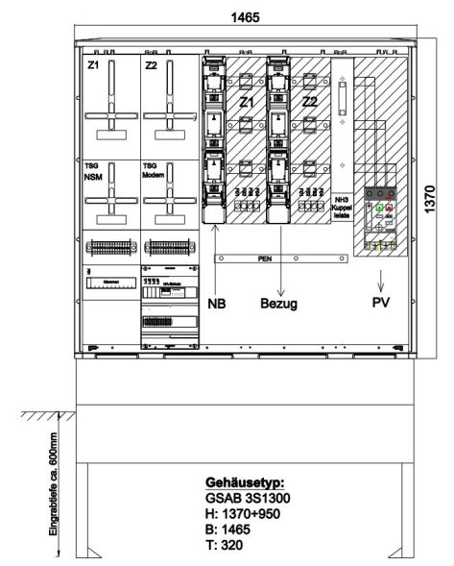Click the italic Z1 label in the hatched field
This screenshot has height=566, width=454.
pyautogui.click(x=246, y=103)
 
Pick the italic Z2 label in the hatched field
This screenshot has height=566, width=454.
pyautogui.click(x=310, y=103)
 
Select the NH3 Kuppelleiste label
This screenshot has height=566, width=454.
pyautogui.click(x=342, y=203)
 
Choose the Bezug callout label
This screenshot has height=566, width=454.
pyautogui.click(x=281, y=302)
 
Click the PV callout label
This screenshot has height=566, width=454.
pyautogui.click(x=381, y=302)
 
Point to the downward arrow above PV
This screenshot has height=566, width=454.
pyautogui.click(x=381, y=283)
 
